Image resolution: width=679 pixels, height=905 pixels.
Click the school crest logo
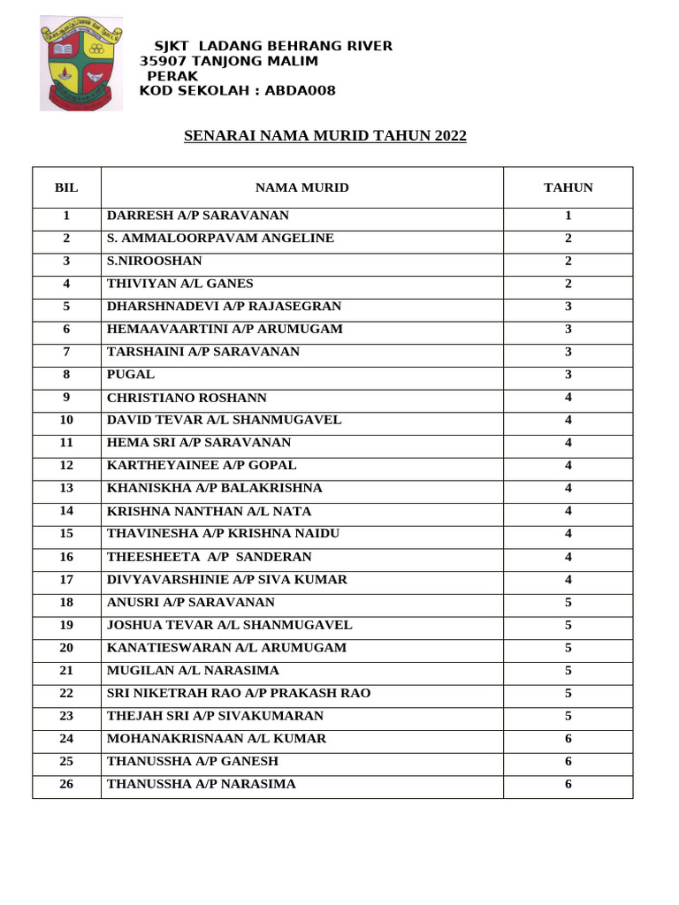pos(82,65)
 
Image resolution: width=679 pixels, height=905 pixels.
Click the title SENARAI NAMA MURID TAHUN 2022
pos(324,136)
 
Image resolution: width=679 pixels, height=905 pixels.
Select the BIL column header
pos(66,187)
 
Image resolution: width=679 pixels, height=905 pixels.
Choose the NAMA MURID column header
pos(302,187)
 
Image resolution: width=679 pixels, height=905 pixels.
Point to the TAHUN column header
pos(568,187)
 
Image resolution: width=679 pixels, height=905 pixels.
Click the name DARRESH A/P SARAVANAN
pos(198,216)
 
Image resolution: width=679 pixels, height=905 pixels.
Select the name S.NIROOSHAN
pos(155,261)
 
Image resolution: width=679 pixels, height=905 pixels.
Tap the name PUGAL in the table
pos(131,375)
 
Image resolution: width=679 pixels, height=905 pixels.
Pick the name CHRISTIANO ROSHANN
pos(187,398)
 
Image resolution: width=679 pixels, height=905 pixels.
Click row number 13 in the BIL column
pos(66,488)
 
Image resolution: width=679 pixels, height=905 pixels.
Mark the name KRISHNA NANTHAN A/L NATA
pos(210,511)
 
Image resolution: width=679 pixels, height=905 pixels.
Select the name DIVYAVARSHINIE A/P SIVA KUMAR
pos(227,580)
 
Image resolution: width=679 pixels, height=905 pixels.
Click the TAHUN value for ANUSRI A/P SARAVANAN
pos(568,602)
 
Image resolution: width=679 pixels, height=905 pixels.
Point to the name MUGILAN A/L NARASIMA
pos(193,670)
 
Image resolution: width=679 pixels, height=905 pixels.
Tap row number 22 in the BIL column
pos(66,693)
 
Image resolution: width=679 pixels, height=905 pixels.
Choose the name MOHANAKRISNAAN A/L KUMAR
pos(217,738)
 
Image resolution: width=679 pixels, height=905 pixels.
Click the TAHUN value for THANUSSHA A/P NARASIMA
pos(568,784)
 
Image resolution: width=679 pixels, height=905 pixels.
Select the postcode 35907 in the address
pos(164,61)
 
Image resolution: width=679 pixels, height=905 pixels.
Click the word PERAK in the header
pos(172,76)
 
